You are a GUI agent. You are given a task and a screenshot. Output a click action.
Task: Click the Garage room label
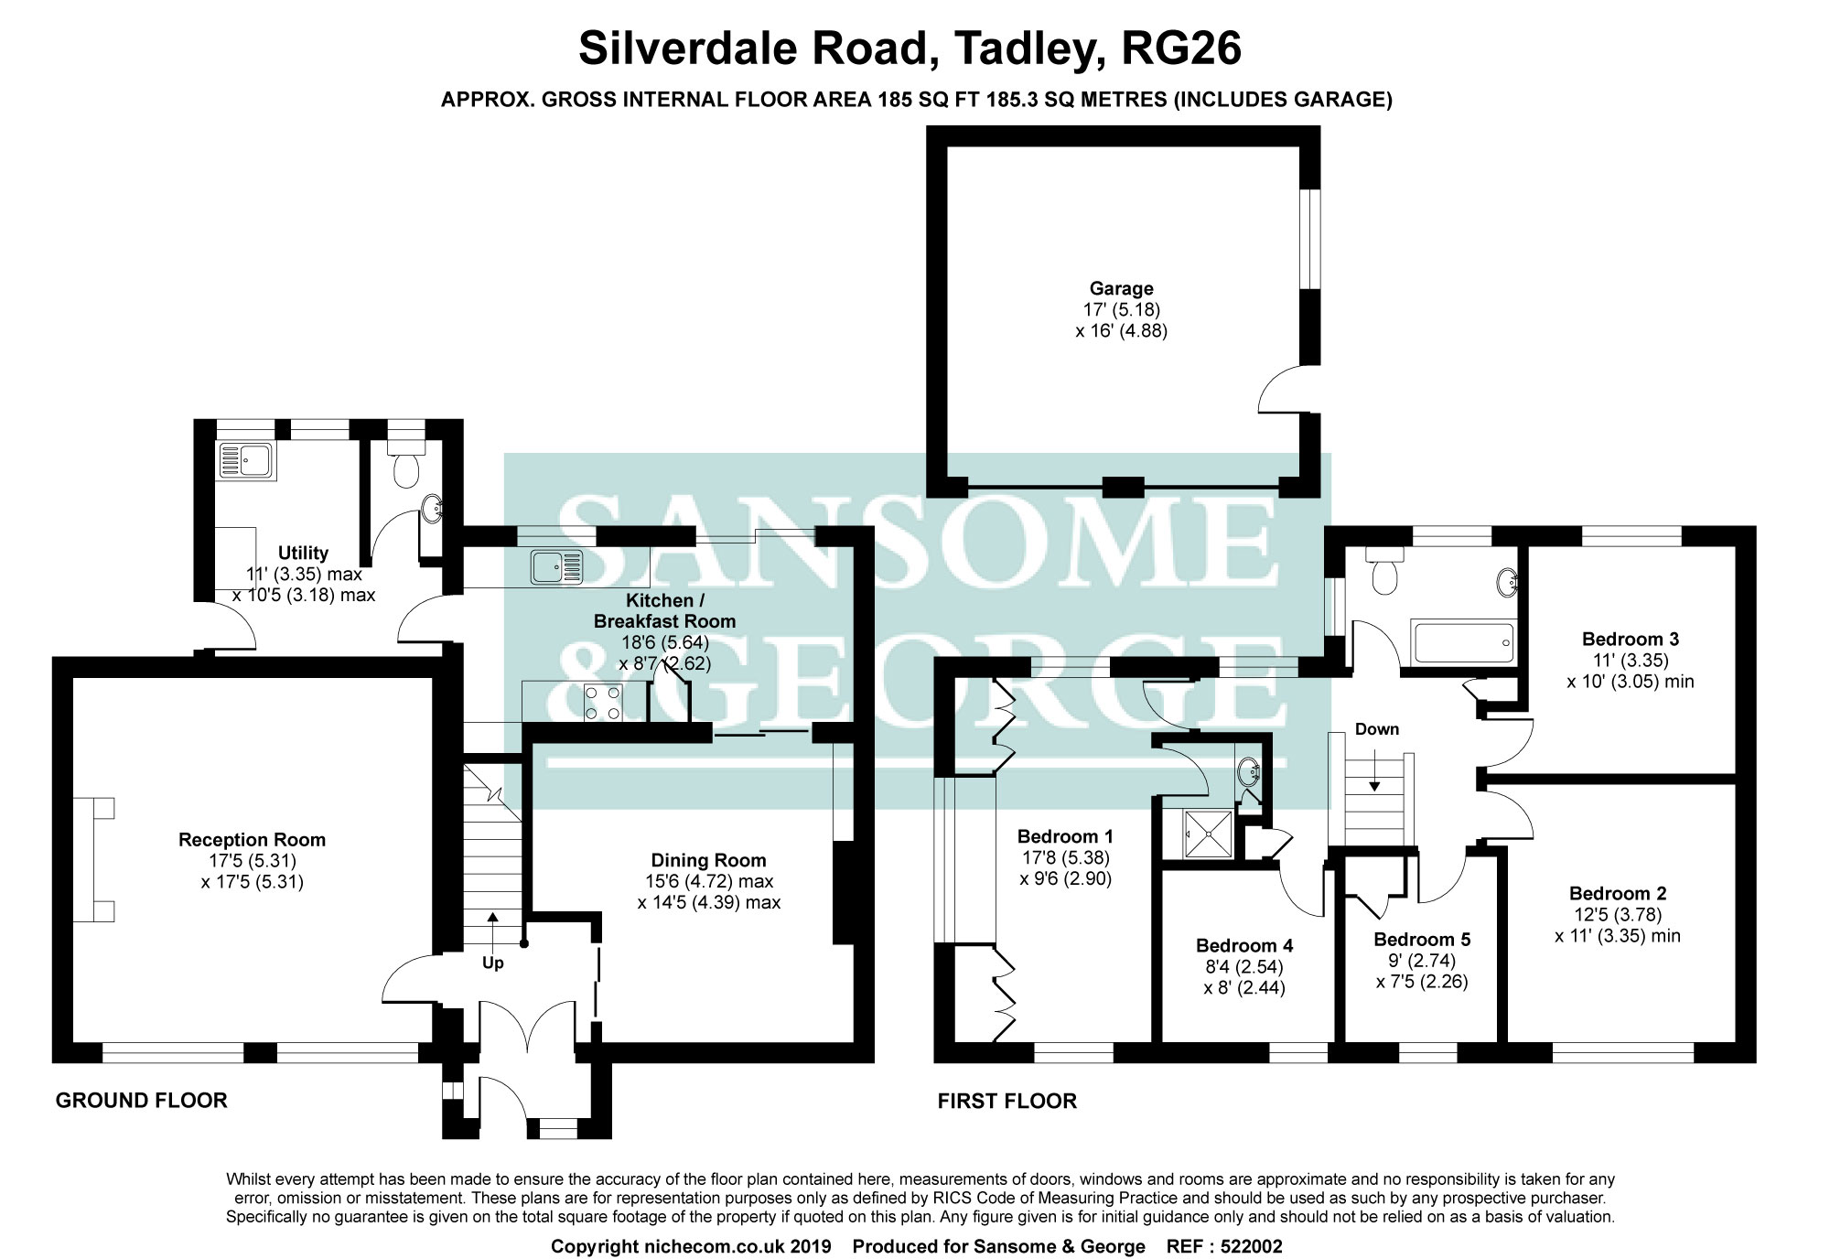1121,289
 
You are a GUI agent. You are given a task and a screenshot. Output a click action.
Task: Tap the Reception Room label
252,840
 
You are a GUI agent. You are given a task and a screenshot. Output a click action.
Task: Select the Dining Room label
708,860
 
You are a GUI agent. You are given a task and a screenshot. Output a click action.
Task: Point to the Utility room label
303,553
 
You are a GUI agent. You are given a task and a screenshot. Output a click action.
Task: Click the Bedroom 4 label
1244,945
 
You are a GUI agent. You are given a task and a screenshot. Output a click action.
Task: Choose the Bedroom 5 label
1422,940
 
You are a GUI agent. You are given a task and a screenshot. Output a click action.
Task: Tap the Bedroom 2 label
1618,894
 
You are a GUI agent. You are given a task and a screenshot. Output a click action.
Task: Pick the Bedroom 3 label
1631,640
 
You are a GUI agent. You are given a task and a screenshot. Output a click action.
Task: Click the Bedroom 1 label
1065,836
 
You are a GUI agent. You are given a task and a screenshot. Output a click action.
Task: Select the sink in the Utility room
246,462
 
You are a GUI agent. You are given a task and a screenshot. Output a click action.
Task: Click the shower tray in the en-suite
1209,834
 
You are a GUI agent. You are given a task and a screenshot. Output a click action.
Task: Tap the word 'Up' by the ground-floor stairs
493,963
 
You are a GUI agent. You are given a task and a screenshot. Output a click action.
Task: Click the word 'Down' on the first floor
1377,729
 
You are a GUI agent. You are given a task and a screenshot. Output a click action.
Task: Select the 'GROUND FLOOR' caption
142,1100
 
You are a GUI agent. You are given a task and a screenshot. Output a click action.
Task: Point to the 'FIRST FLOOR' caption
1006,1100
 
